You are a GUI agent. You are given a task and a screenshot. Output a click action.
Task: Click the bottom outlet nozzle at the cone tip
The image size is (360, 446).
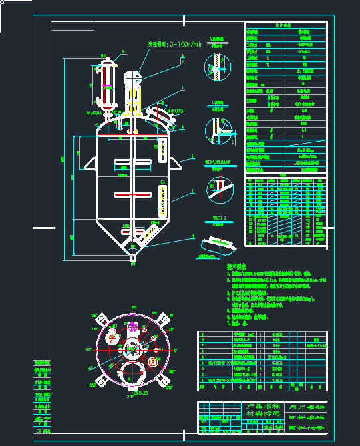(x=132, y=256)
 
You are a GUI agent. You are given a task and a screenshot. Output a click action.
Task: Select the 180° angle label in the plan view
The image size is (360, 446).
(x=87, y=348)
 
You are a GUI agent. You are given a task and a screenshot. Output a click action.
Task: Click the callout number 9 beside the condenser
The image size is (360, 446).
(x=123, y=51)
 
